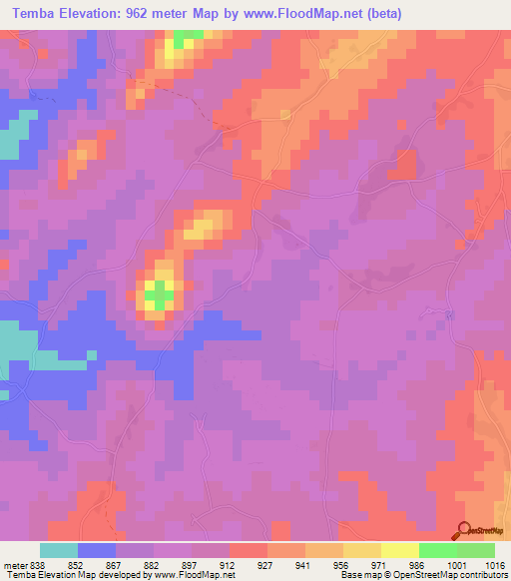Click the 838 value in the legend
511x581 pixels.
click(x=31, y=563)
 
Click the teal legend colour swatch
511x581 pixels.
click(x=59, y=550)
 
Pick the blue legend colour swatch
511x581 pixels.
click(x=97, y=550)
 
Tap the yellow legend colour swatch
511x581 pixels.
click(x=399, y=550)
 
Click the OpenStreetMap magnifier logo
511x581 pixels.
click(x=465, y=530)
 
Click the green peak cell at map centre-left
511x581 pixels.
click(x=158, y=292)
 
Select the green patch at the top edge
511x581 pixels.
click(x=185, y=38)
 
